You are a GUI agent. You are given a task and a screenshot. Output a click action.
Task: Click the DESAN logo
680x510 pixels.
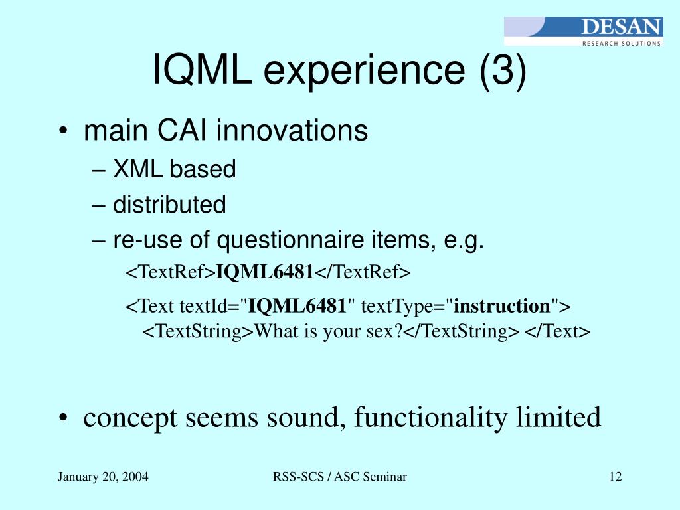click(x=583, y=31)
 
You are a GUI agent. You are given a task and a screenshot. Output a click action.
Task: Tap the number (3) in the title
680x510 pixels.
click(x=503, y=70)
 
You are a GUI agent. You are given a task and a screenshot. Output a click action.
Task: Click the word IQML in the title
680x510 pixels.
click(x=202, y=69)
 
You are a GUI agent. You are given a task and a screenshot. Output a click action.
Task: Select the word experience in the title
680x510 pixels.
click(x=365, y=72)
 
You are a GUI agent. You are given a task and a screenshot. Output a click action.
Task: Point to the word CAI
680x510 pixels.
click(x=182, y=130)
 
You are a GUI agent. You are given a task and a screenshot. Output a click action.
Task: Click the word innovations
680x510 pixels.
click(x=292, y=130)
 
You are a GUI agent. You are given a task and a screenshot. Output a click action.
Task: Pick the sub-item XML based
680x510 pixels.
click(x=175, y=169)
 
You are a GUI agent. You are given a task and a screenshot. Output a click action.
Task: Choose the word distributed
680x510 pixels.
click(x=169, y=205)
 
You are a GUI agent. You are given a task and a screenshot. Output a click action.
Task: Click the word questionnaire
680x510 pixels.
click(x=290, y=240)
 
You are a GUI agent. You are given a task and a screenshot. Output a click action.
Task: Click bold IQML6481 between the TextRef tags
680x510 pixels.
click(x=265, y=272)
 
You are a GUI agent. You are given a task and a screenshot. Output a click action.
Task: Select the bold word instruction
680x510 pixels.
click(x=502, y=306)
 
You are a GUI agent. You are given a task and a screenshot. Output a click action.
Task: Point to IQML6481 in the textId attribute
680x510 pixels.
click(x=297, y=306)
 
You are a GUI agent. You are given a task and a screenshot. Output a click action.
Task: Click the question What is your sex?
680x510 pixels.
click(x=328, y=331)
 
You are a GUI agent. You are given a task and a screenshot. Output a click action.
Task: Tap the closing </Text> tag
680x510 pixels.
click(x=557, y=331)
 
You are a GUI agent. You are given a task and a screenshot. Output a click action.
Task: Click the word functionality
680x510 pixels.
click(x=430, y=418)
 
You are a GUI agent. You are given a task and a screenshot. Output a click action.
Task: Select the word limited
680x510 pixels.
click(x=558, y=417)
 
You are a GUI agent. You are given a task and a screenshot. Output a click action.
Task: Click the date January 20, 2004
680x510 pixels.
click(x=103, y=477)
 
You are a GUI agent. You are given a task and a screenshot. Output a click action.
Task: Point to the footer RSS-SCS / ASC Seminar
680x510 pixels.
click(x=340, y=477)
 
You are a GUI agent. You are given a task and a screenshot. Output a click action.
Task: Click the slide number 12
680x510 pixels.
click(x=616, y=477)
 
